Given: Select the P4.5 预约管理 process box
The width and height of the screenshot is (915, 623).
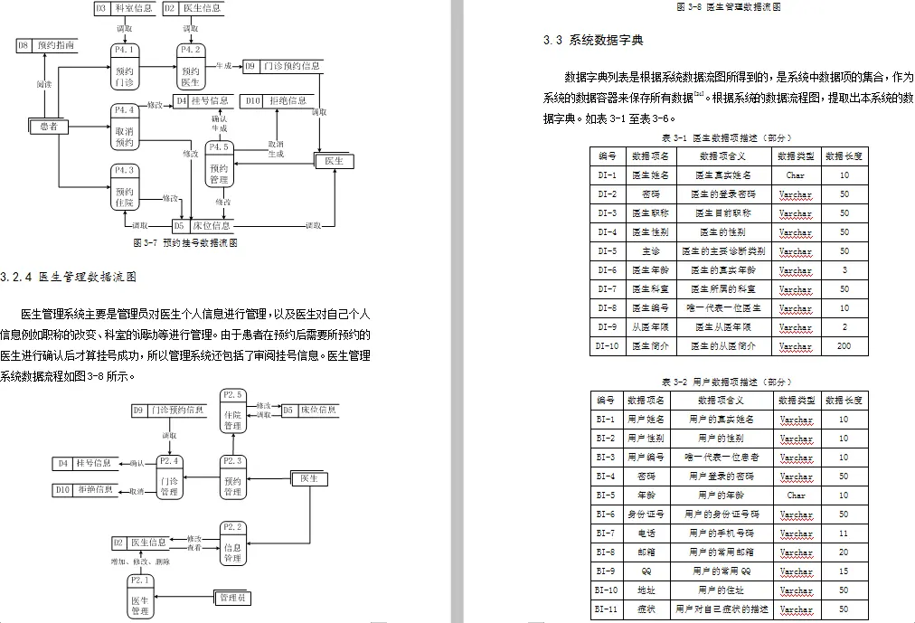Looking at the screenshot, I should coord(220,163).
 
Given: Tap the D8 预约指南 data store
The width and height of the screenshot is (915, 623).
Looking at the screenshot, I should coord(45,43).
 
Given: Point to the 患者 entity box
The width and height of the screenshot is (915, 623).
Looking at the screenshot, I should coord(49,127).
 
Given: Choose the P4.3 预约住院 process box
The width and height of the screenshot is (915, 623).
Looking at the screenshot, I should coord(125,186).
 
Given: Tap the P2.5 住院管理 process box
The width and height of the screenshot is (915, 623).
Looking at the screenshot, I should coord(232,411).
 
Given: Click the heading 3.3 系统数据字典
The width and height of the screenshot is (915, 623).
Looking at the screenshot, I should coord(593,41).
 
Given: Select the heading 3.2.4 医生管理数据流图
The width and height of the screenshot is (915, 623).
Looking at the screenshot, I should coord(68,277).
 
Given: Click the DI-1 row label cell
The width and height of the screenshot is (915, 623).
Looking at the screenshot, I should coord(607,175).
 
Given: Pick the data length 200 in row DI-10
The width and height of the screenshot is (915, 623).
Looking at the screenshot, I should coord(844,346).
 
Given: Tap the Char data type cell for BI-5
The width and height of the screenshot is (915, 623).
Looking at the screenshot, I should coord(796,496).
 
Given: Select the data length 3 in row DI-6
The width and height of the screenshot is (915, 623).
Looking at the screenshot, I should coord(844,270).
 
